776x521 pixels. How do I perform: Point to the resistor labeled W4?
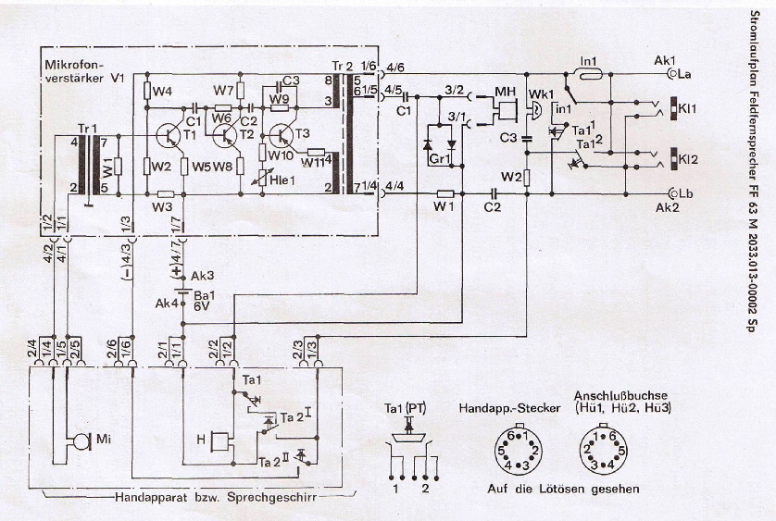coord(162,92)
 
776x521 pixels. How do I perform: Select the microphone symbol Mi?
coord(81,440)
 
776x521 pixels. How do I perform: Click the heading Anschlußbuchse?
coord(614,393)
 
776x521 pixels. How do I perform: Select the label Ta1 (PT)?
coord(404,407)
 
